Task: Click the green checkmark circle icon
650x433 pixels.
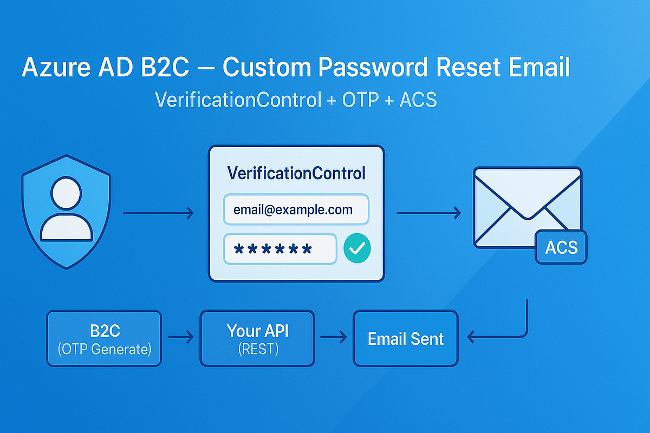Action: pyautogui.click(x=357, y=249)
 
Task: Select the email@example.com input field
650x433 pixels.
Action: pyautogui.click(x=296, y=209)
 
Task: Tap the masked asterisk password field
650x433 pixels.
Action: pyautogui.click(x=279, y=249)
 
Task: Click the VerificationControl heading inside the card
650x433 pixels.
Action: pyautogui.click(x=296, y=173)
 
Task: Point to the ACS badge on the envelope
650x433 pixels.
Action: pyautogui.click(x=561, y=247)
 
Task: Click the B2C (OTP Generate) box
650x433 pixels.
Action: pyautogui.click(x=105, y=338)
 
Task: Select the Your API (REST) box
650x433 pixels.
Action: pyautogui.click(x=257, y=338)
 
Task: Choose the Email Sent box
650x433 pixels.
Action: pyautogui.click(x=406, y=339)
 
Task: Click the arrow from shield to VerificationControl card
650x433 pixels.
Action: pyautogui.click(x=158, y=213)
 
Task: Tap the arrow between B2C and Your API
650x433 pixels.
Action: pyautogui.click(x=181, y=338)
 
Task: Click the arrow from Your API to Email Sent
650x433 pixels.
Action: pyautogui.click(x=334, y=338)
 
